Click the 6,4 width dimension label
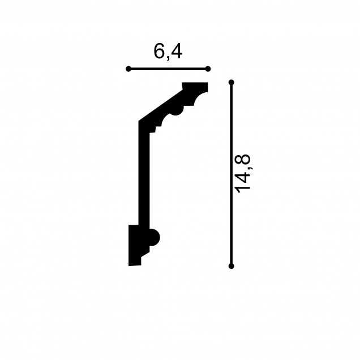click(x=168, y=52)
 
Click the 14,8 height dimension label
click(x=242, y=173)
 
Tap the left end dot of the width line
click(x=128, y=69)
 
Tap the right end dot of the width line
click(x=208, y=69)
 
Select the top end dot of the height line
click(x=231, y=83)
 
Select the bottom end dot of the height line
click(x=231, y=266)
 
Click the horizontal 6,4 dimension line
click(x=168, y=69)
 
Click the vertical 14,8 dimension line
click(x=231, y=174)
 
